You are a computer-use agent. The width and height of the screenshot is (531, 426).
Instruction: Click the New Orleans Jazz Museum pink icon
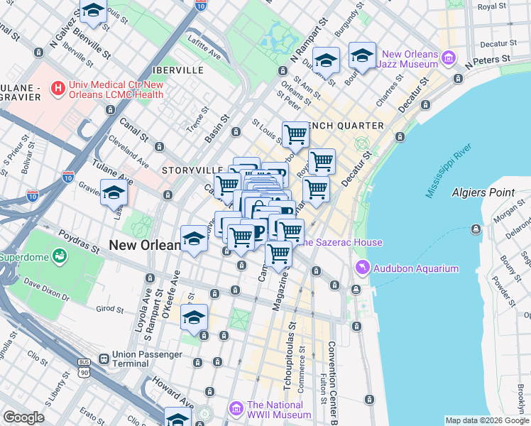click(448, 57)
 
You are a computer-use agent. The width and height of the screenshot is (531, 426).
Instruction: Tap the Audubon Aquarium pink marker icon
click(362, 268)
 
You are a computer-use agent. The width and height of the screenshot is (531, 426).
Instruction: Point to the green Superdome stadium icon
click(59, 255)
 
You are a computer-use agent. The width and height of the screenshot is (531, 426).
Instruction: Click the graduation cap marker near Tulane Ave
click(114, 192)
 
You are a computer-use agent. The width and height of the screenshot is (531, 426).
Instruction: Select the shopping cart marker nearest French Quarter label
click(295, 134)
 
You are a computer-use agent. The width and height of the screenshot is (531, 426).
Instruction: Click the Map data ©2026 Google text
click(486, 420)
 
